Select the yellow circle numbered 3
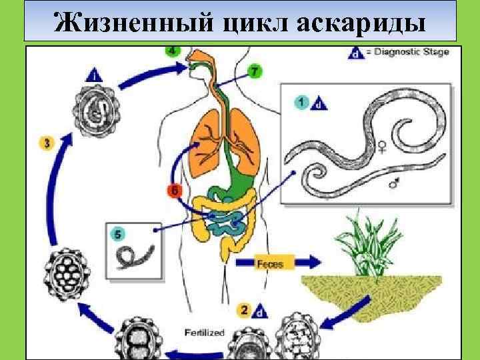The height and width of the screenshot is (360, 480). pyautogui.click(x=45, y=143)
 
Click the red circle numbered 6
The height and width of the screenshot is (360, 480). pyautogui.click(x=174, y=191)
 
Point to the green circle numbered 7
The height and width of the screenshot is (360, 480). pyautogui.click(x=254, y=71)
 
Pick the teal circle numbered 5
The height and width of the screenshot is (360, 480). pyautogui.click(x=118, y=234)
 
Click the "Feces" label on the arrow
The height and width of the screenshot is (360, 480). pyautogui.click(x=270, y=264)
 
